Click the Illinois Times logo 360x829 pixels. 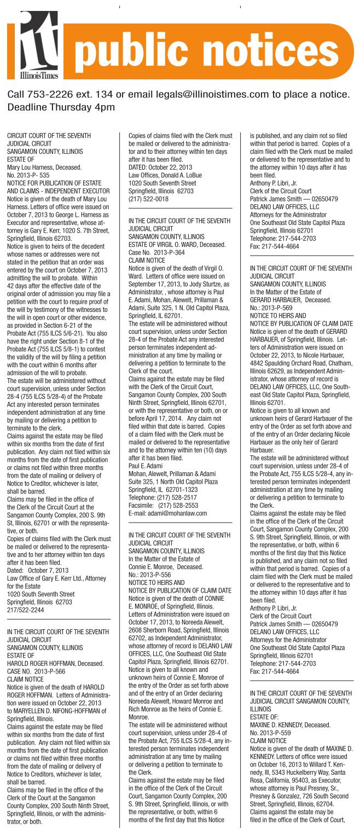point(39,44)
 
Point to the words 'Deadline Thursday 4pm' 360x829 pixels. point(61,107)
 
